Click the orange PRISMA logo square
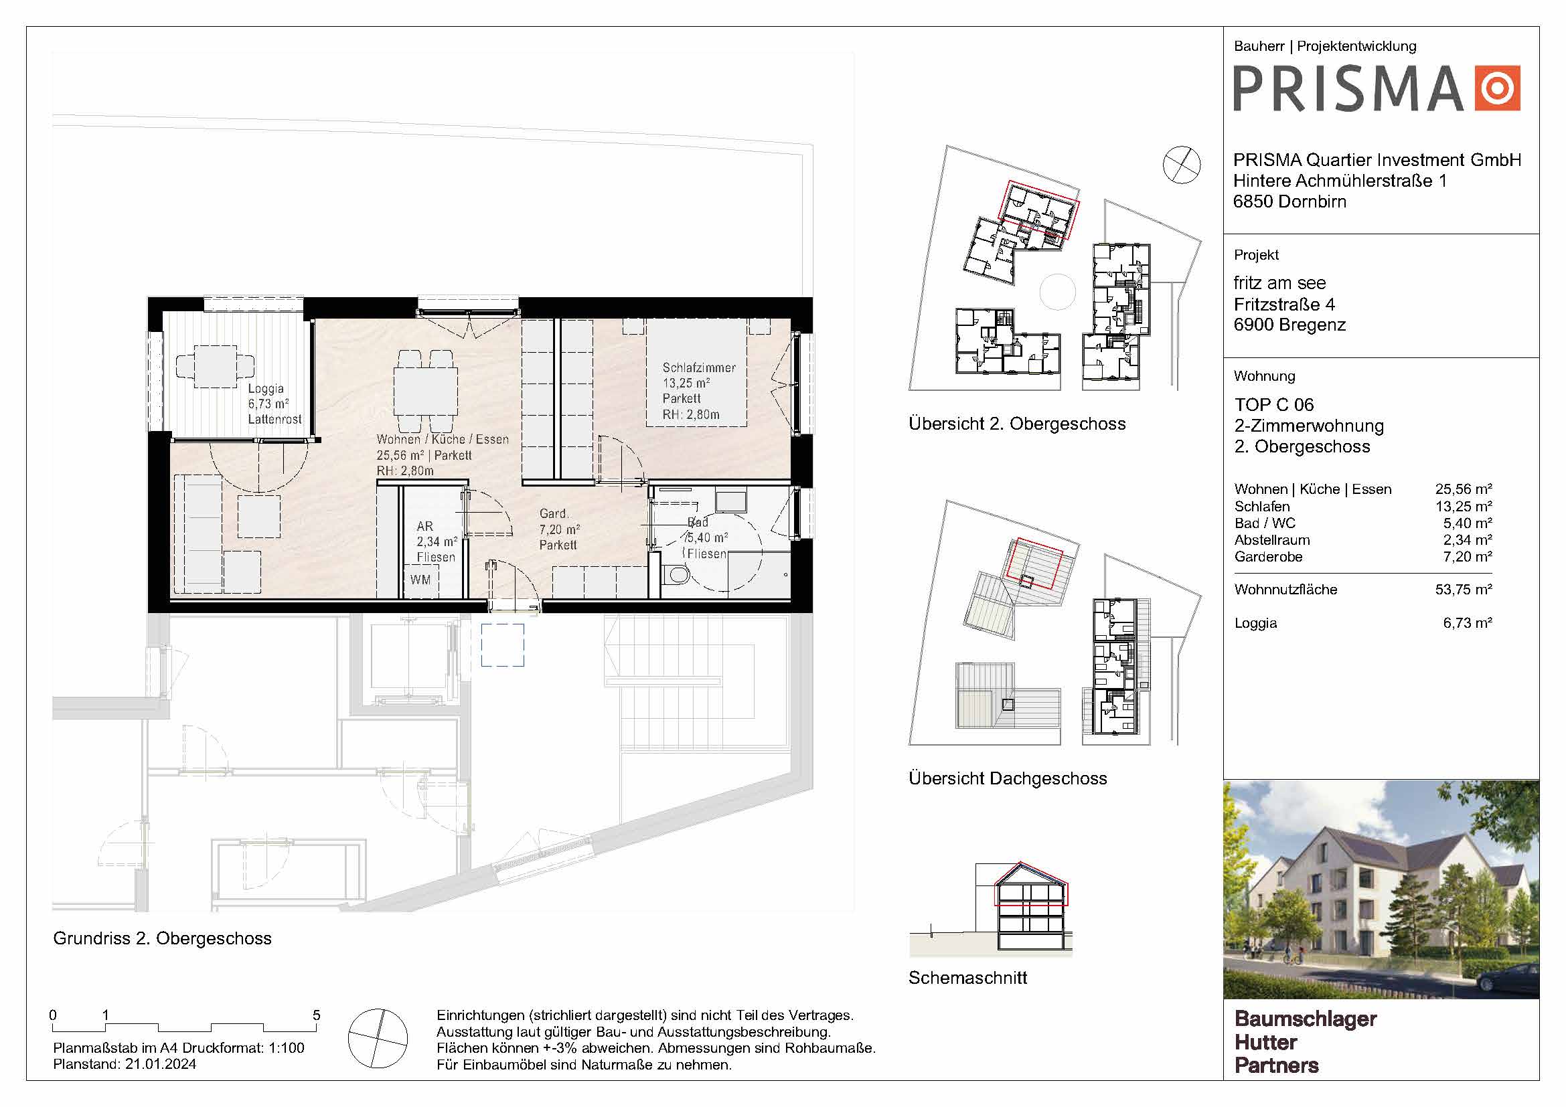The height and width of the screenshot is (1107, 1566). tap(1497, 87)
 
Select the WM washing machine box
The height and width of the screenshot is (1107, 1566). tap(420, 580)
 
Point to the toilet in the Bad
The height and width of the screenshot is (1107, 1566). tap(676, 576)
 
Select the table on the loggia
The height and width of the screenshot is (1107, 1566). tap(216, 367)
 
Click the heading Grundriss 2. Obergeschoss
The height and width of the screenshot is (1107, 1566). tap(162, 938)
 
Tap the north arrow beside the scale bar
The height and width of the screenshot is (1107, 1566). tap(377, 1038)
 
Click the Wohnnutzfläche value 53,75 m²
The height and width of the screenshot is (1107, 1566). tap(1463, 589)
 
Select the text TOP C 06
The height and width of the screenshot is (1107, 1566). tap(1273, 404)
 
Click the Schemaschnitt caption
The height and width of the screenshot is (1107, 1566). tap(967, 977)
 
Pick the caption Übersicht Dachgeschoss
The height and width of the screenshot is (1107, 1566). tap(1008, 778)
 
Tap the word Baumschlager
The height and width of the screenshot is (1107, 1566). tap(1306, 1019)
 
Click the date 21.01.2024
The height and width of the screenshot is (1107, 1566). tap(160, 1064)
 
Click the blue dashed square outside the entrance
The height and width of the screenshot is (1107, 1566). tap(503, 645)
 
